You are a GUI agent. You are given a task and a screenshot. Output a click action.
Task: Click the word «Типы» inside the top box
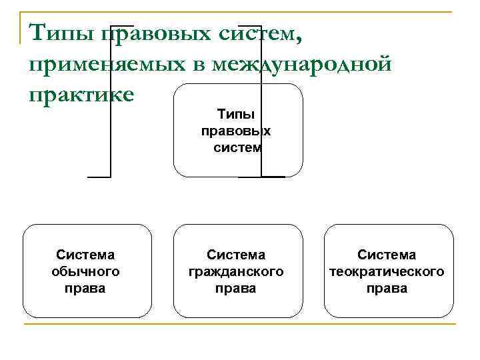237,115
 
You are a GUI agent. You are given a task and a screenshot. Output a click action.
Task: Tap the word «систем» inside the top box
237,147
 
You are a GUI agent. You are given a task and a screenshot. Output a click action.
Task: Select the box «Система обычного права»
86,271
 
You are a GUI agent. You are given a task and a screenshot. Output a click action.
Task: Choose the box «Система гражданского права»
237,271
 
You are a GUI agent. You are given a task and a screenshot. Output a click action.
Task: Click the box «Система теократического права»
388,271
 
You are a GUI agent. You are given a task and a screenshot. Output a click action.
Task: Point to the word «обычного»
85,271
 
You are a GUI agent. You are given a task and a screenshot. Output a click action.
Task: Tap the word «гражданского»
236,271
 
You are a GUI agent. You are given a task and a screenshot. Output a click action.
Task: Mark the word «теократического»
387,271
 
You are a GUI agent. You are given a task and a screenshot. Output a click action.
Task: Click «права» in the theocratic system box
387,289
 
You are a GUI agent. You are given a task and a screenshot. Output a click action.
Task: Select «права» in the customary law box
85,289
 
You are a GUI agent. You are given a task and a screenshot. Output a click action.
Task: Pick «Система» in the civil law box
236,255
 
